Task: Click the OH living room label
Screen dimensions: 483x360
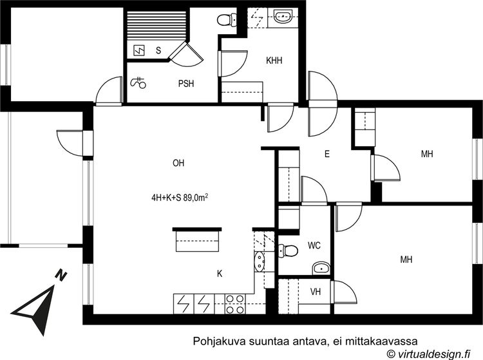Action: pyautogui.click(x=178, y=163)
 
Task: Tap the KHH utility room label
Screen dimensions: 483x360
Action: pyautogui.click(x=274, y=61)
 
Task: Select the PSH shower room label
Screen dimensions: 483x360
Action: pyautogui.click(x=186, y=84)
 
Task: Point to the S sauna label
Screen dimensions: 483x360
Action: pyautogui.click(x=158, y=50)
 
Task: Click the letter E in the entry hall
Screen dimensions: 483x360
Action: pyautogui.click(x=327, y=154)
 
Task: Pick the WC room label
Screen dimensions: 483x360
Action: pyautogui.click(x=314, y=245)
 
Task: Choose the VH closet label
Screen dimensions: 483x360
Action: pyautogui.click(x=316, y=291)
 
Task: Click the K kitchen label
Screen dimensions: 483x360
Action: pyautogui.click(x=220, y=274)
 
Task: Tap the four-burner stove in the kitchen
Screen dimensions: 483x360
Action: pyautogui.click(x=235, y=303)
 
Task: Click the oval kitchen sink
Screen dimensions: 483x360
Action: pyautogui.click(x=260, y=261)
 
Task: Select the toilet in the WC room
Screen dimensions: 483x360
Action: pyautogui.click(x=288, y=251)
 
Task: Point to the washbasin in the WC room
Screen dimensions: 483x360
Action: pyautogui.click(x=321, y=269)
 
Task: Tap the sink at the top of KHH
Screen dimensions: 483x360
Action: pyautogui.click(x=283, y=17)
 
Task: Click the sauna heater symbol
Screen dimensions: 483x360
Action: pyautogui.click(x=139, y=50)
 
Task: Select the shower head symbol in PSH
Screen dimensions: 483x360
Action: pyautogui.click(x=138, y=82)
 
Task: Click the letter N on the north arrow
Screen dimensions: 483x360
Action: pyautogui.click(x=61, y=275)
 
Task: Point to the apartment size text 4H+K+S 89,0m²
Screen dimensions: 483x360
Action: pyautogui.click(x=179, y=198)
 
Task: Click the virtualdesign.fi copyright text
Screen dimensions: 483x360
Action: pyautogui.click(x=429, y=353)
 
